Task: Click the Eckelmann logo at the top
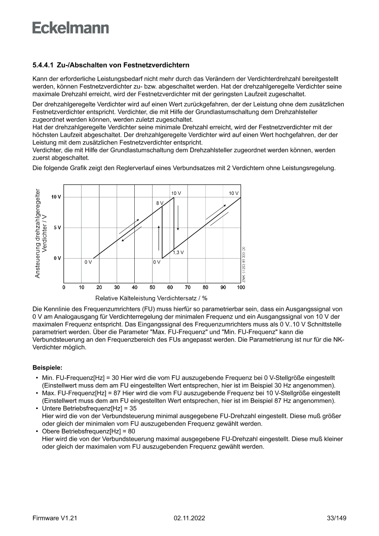click(x=71, y=28)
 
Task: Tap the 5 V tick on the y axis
click(x=57, y=228)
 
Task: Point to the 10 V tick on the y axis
click(x=56, y=197)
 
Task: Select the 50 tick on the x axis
click(x=153, y=287)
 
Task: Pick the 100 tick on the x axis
click(x=241, y=287)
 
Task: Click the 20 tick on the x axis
click(x=99, y=287)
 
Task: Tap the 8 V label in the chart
click(x=159, y=202)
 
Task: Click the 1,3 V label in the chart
click(x=179, y=252)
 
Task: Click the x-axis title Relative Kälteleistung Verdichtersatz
click(x=151, y=298)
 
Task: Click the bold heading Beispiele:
click(x=47, y=368)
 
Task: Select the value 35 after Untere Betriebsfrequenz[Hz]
click(x=133, y=408)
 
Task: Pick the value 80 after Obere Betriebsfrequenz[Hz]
click(x=132, y=431)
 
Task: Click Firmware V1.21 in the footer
click(x=55, y=518)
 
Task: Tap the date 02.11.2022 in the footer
click(x=189, y=518)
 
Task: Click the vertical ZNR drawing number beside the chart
click(x=244, y=264)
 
